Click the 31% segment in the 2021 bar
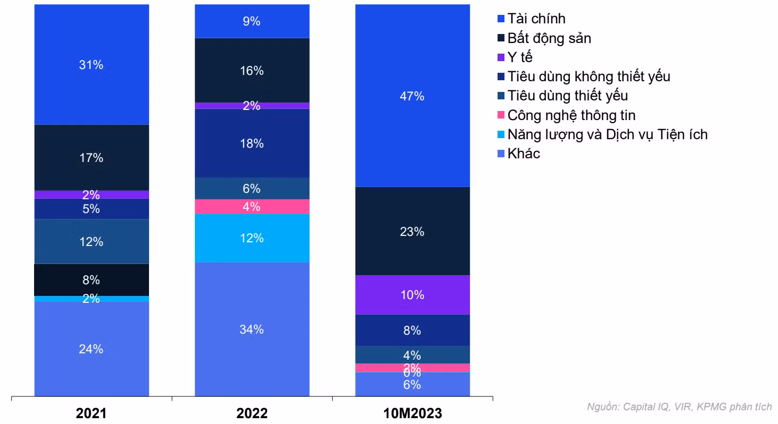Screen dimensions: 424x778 click(x=92, y=65)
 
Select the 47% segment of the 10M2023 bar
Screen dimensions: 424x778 click(x=412, y=96)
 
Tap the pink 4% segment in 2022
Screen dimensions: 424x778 click(x=252, y=206)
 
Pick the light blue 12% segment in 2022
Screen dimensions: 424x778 click(x=252, y=238)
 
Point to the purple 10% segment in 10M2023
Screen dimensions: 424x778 click(x=412, y=294)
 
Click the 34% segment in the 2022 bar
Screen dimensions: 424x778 click(x=252, y=329)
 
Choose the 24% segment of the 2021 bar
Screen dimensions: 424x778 click(x=92, y=349)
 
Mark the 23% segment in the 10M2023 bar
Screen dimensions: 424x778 click(x=412, y=231)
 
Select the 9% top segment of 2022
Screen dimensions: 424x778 click(x=252, y=21)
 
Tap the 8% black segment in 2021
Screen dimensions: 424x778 click(x=92, y=280)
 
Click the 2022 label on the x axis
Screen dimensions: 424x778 click(x=252, y=413)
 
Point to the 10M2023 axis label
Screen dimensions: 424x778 click(x=412, y=413)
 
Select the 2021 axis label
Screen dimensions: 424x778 click(x=92, y=413)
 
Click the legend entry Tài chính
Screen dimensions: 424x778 click(x=536, y=19)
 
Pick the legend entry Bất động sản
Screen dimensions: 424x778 click(x=549, y=38)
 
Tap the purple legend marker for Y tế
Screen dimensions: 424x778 click(x=501, y=57)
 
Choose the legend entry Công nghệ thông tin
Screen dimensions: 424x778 click(x=571, y=115)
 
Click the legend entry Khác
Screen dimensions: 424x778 click(x=524, y=154)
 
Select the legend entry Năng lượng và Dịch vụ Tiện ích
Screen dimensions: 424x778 click(x=607, y=134)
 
